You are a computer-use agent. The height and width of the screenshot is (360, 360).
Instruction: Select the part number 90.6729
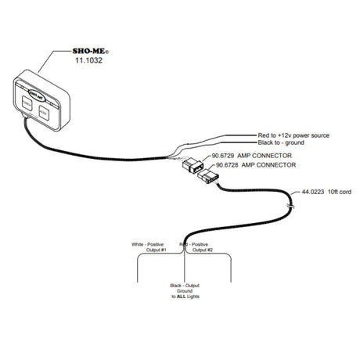point(223,157)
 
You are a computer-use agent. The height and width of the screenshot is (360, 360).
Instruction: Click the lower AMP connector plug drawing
point(206,178)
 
